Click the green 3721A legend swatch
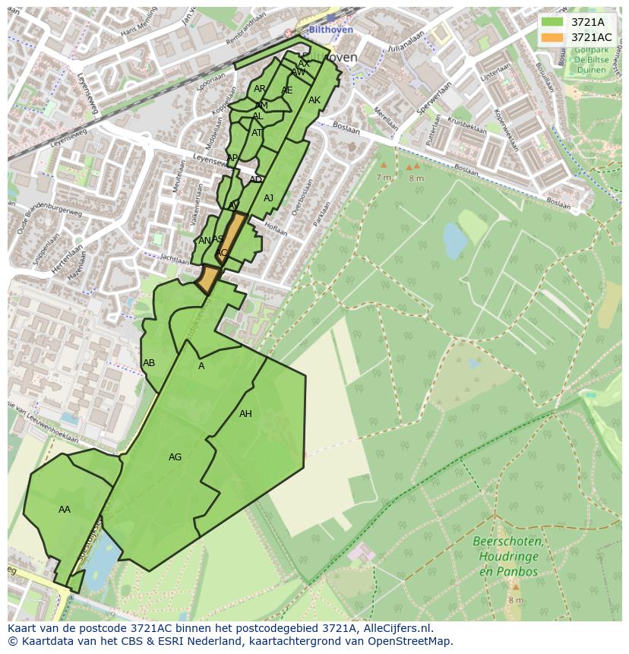pyautogui.click(x=552, y=23)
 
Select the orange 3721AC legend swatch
pyautogui.click(x=552, y=37)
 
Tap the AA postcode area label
pyautogui.click(x=65, y=510)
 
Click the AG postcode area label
pyautogui.click(x=175, y=457)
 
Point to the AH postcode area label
pyautogui.click(x=245, y=414)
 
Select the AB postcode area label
pyautogui.click(x=149, y=363)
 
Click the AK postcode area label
pyautogui.click(x=314, y=100)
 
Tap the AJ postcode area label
pyautogui.click(x=268, y=198)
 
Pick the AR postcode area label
pyautogui.click(x=260, y=89)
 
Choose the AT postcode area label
pyautogui.click(x=257, y=133)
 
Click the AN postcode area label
pyautogui.click(x=204, y=241)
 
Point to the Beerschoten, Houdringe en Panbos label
pyautogui.click(x=507, y=556)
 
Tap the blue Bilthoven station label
pyautogui.click(x=331, y=30)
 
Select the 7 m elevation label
pyautogui.click(x=383, y=177)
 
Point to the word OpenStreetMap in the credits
pyautogui.click(x=411, y=641)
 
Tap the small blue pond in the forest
pyautogui.click(x=455, y=242)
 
